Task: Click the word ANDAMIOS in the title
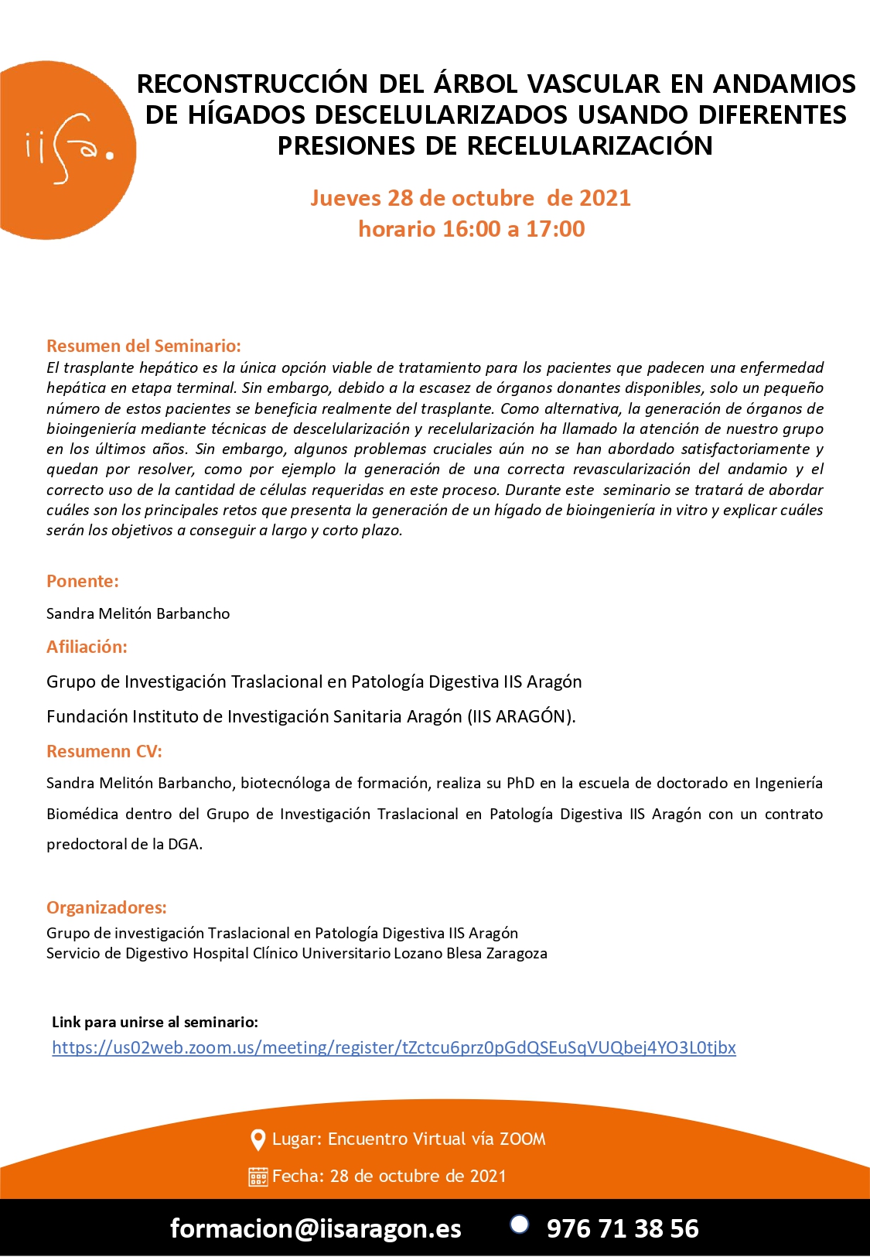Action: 784,84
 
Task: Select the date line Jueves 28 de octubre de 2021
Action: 470,198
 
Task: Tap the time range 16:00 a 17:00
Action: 513,229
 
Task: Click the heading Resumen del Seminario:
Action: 144,346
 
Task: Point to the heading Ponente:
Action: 83,581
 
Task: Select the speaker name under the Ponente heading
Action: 138,613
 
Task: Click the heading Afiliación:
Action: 87,647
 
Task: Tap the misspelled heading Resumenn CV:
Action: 104,751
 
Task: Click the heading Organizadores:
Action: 107,907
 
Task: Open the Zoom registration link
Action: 394,1047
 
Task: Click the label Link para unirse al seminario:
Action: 155,1022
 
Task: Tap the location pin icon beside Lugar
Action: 258,1139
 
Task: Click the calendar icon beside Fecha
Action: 258,1177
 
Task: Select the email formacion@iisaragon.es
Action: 316,1228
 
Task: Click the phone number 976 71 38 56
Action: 623,1228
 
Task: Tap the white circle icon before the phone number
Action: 520,1224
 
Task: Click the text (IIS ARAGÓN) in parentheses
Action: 521,716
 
